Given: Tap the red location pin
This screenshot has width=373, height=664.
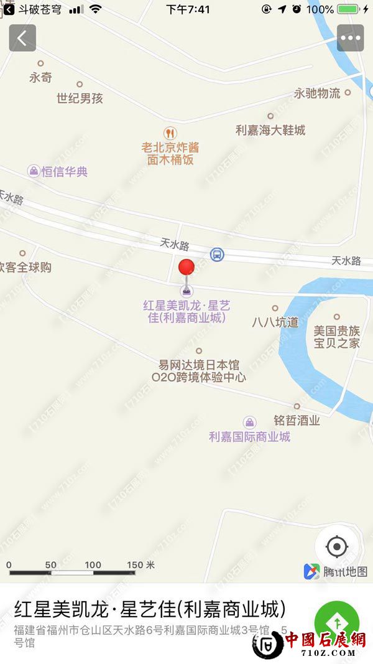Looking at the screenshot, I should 186,268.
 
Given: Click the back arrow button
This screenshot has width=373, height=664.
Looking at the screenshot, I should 22,39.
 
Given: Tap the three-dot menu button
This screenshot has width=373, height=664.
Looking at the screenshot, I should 350,38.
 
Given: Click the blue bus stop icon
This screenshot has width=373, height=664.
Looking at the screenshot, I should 217,255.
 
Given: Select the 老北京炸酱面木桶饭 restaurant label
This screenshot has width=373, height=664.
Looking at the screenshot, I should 170,153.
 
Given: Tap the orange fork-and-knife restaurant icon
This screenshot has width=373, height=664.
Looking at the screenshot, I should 170,133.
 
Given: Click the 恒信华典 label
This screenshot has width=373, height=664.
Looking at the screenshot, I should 65,171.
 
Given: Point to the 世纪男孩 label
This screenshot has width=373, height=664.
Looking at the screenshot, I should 80,98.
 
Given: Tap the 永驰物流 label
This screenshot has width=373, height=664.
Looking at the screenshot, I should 317,93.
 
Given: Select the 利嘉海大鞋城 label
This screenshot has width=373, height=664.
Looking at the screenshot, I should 270,130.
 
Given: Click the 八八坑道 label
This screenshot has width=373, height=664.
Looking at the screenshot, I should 275,322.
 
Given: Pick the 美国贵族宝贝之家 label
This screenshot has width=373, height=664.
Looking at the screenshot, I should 336,336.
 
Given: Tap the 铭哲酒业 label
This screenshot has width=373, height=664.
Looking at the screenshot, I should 297,420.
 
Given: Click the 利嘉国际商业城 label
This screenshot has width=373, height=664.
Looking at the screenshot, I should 249,436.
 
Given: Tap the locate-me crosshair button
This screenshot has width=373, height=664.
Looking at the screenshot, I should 337,547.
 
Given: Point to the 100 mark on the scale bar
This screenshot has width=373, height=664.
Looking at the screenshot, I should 93,565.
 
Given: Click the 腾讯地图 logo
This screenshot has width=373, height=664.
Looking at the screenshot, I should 336,571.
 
